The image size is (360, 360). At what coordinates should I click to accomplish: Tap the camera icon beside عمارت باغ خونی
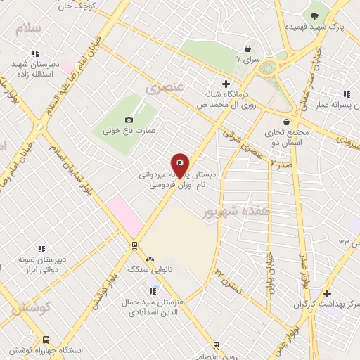coord(128,120)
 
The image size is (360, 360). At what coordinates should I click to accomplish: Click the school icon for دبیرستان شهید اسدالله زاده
coord(34,53)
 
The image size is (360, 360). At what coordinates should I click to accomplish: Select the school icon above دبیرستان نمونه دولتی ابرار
coord(41,249)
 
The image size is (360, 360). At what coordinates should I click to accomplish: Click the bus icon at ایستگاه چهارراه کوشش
coord(46,338)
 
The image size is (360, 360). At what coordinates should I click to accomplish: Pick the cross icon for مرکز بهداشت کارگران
coord(326,292)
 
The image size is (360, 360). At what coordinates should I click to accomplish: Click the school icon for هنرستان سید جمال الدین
coord(153,290)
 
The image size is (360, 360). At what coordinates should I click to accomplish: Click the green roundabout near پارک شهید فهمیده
coord(268,68)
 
